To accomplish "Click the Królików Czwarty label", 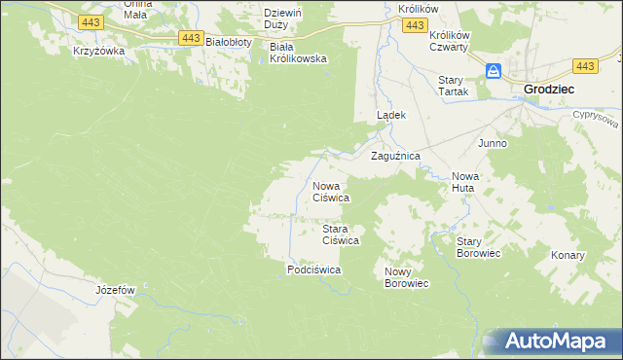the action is (449, 40).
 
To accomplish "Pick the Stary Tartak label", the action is (454, 86).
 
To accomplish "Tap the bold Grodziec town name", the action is (548, 89).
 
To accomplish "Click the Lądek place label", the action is (390, 115).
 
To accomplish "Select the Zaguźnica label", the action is (395, 156).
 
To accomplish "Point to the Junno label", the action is (492, 143).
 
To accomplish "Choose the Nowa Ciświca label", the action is (330, 191).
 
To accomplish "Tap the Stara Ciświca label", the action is (342, 234).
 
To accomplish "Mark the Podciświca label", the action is (312, 270).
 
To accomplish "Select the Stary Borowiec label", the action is (478, 247).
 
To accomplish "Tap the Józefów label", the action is (115, 290).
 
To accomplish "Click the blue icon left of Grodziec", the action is (494, 71).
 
